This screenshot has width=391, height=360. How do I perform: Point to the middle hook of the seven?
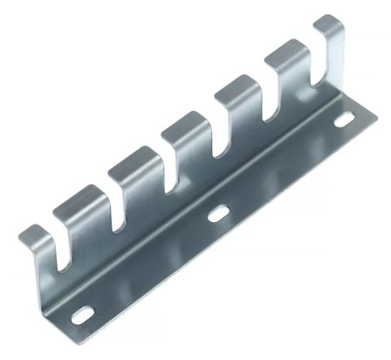pyautogui.click(x=182, y=138)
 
